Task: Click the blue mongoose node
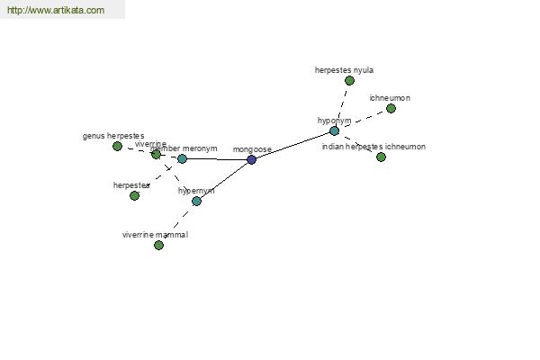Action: [x=251, y=159]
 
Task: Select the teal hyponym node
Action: [x=334, y=130]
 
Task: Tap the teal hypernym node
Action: [x=196, y=201]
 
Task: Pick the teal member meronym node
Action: [x=182, y=158]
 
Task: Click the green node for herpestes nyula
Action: [x=349, y=80]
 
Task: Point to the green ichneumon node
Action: [x=391, y=108]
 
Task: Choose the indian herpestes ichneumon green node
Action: [x=381, y=157]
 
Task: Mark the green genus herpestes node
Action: [x=117, y=146]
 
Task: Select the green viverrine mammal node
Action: [x=158, y=245]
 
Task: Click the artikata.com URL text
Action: [x=55, y=11]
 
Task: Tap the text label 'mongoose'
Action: [x=252, y=149]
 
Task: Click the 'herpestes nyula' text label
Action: [x=344, y=69]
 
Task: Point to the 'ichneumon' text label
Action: [x=390, y=97]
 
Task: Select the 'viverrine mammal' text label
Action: [x=155, y=234]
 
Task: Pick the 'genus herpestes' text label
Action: [x=113, y=136]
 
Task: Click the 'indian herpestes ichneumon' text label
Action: [x=373, y=146]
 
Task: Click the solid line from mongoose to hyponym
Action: [x=292, y=145]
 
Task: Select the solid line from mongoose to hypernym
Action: [x=224, y=180]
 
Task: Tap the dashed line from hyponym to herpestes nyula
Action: [x=342, y=104]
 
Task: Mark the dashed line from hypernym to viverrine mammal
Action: [x=177, y=222]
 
